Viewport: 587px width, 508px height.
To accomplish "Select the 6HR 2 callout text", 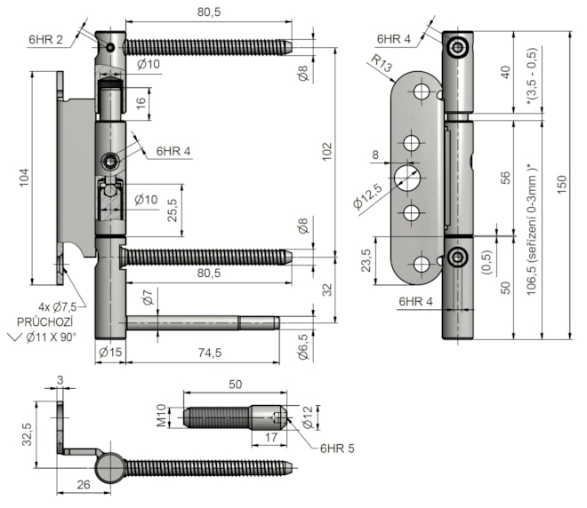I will pyautogui.click(x=44, y=40).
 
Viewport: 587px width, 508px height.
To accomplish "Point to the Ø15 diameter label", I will pyautogui.click(x=109, y=353).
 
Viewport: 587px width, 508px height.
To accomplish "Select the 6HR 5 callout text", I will pyautogui.click(x=336, y=449).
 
